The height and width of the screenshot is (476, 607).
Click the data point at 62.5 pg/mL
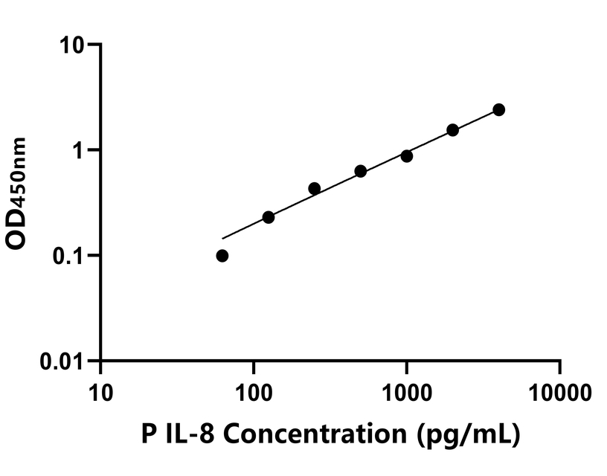222,256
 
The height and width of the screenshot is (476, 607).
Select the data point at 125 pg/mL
269,217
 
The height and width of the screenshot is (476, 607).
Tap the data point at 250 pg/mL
315,189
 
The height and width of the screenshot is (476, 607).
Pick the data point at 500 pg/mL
361,171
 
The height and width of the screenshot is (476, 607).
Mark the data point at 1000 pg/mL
407,156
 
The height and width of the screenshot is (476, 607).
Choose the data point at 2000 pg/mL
453,130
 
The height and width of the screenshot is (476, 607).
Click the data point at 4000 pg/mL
499,110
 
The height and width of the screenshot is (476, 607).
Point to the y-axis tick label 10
73,45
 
